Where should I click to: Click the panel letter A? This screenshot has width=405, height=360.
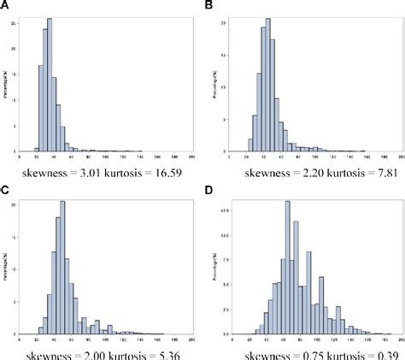(x=6, y=6)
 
